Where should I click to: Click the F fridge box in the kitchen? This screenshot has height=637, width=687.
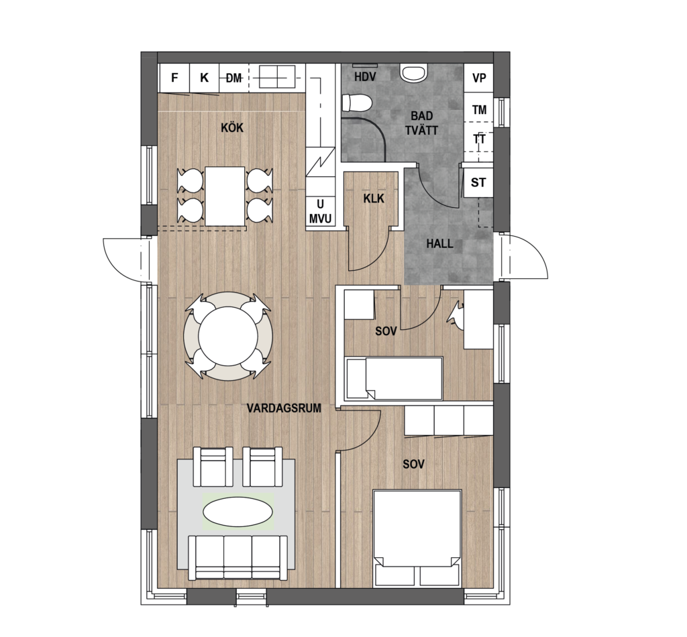tap(174, 78)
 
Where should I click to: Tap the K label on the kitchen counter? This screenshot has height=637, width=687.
tap(204, 78)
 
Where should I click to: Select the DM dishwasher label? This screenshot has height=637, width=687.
tap(234, 78)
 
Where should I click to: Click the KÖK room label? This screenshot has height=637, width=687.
tap(232, 128)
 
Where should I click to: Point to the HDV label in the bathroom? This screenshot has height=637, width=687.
tap(365, 77)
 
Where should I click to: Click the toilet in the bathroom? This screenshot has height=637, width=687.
tap(357, 103)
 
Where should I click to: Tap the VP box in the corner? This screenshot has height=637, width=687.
tap(478, 78)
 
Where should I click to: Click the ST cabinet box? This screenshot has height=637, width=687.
tap(478, 182)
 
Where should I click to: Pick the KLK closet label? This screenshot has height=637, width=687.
tap(374, 198)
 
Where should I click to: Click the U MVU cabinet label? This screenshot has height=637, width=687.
tap(320, 212)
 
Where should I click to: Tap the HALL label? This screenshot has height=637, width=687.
tap(439, 243)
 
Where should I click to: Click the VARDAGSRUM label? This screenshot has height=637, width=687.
tap(284, 408)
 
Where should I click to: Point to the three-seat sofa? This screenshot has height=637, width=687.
tap(238, 558)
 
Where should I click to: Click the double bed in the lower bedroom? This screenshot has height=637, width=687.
tap(417, 538)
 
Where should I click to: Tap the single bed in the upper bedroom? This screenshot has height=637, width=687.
tap(394, 378)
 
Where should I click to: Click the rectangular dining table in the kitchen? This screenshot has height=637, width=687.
tap(225, 196)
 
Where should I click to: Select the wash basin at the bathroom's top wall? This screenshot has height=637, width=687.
tap(413, 72)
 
